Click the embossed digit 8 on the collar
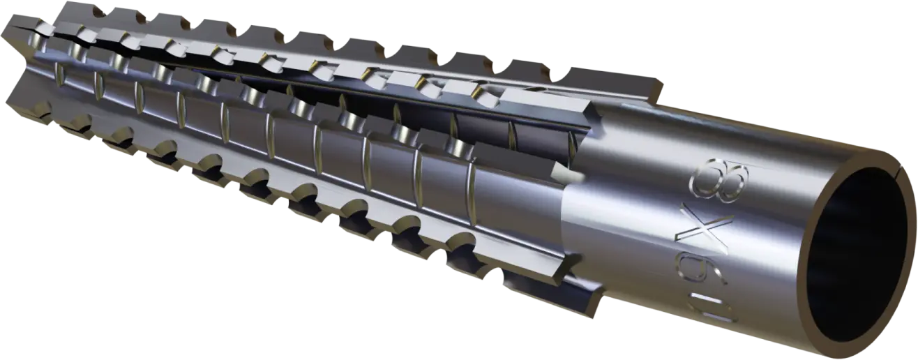pyautogui.click(x=719, y=181)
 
